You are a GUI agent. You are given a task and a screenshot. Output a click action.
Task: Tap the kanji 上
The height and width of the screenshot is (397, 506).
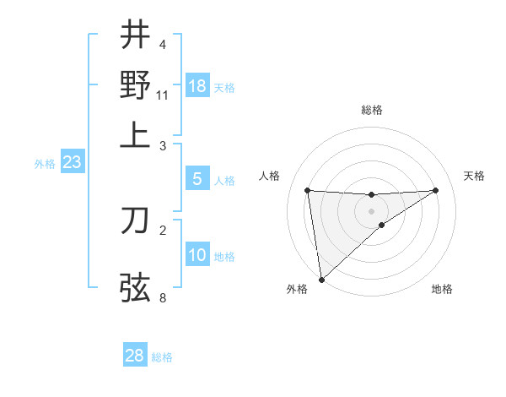pos(135,135)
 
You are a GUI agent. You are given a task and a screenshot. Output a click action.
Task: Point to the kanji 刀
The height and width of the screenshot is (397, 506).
pos(135,219)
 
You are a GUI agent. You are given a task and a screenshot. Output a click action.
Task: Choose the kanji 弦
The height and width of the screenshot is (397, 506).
pos(135,286)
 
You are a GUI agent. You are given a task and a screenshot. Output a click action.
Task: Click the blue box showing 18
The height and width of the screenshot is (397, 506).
pos(197,86)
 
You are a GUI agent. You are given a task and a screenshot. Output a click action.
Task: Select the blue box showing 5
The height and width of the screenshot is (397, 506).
pos(197,179)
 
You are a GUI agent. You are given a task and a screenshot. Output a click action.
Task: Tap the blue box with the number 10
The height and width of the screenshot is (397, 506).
pos(197,255)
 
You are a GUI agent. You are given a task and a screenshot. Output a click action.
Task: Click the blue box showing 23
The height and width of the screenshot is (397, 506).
pos(72,162)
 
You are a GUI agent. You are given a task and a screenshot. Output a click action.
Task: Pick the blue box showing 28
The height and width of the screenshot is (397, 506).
pos(135,356)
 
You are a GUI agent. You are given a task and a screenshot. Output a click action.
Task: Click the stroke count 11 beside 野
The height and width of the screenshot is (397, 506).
pos(163,95)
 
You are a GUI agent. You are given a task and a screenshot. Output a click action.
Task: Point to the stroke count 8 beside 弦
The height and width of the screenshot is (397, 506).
pos(163,297)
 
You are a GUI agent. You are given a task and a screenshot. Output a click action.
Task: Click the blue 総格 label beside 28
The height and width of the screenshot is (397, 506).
pos(162,357)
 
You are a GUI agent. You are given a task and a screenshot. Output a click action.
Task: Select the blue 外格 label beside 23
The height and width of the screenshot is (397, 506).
pos(45,164)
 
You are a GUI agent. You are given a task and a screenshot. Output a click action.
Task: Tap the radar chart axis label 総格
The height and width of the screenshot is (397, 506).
pos(372,110)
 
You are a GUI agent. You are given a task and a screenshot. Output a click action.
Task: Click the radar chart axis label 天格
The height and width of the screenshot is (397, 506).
pos(475,176)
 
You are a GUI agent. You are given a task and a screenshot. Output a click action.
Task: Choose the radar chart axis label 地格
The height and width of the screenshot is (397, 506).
pos(442,289)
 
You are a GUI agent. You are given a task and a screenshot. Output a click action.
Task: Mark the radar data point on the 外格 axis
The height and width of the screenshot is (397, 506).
pos(321,279)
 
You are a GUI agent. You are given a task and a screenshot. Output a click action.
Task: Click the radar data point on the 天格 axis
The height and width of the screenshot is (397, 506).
pos(436,190)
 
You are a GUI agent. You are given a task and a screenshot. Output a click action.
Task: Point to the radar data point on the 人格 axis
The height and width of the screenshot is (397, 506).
pos(308,190)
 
